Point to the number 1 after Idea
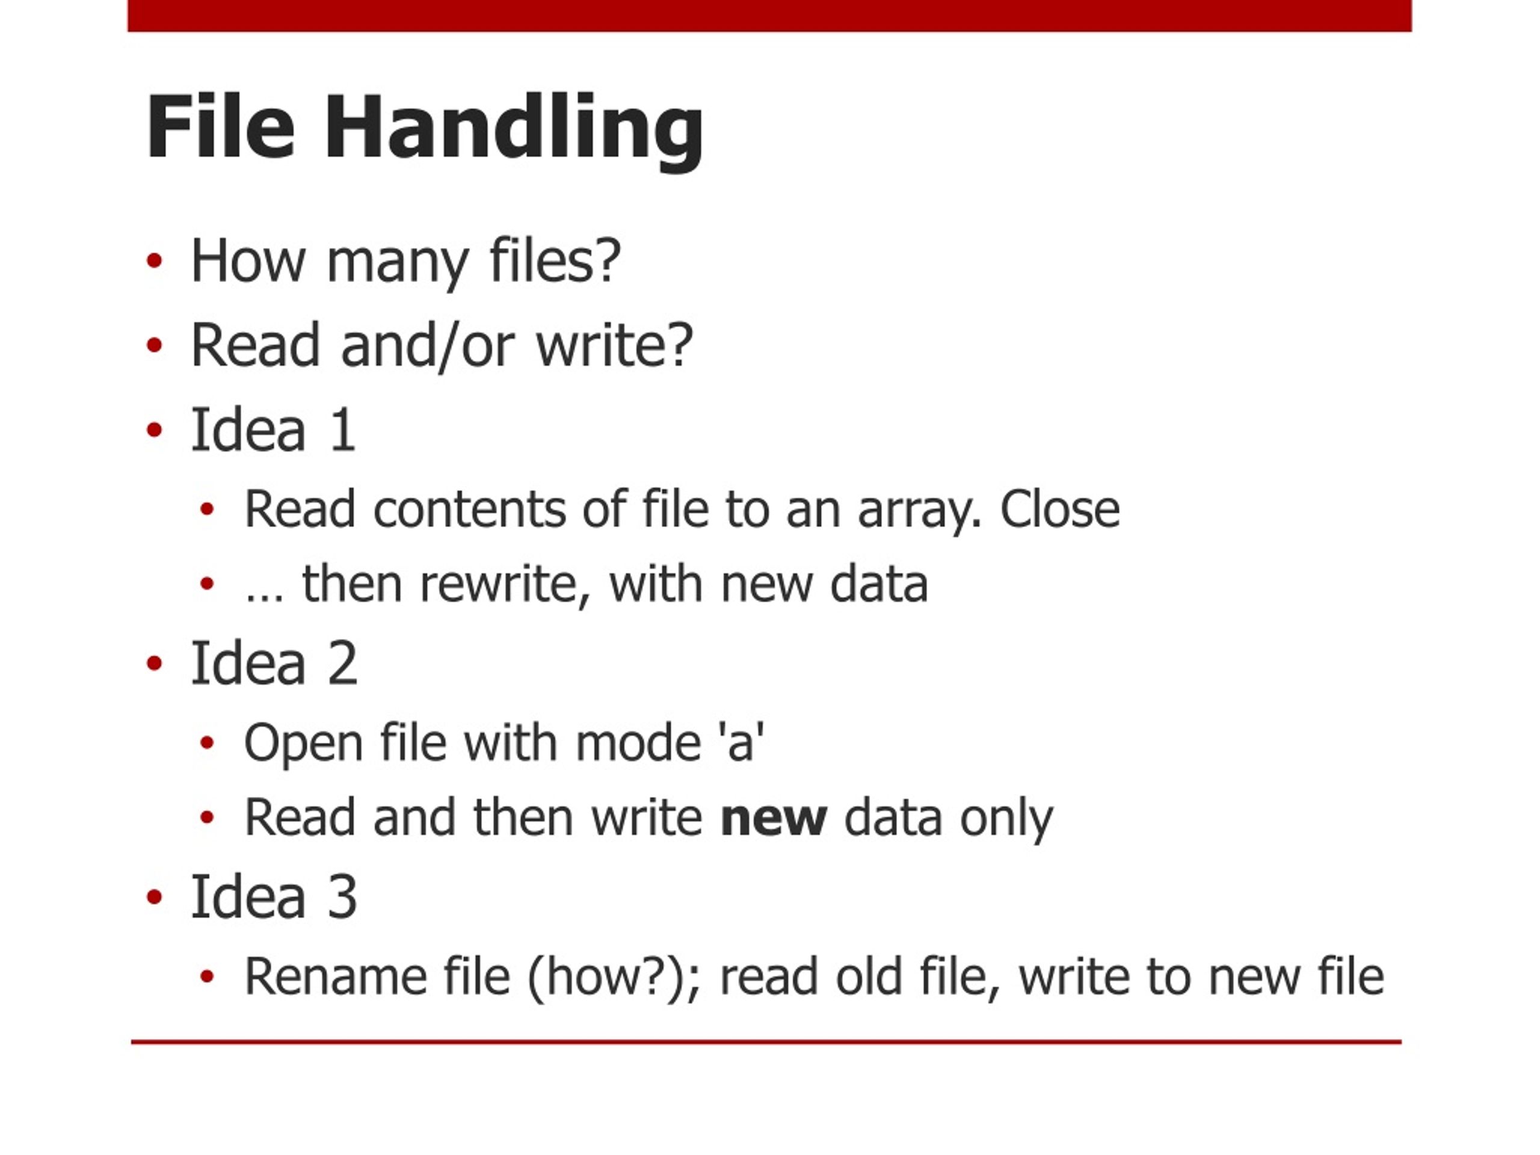[x=343, y=430]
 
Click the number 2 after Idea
[x=342, y=663]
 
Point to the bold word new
[x=774, y=819]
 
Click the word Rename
[x=336, y=976]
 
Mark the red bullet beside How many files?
[x=155, y=261]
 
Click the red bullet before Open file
[x=207, y=744]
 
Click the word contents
[x=469, y=510]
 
